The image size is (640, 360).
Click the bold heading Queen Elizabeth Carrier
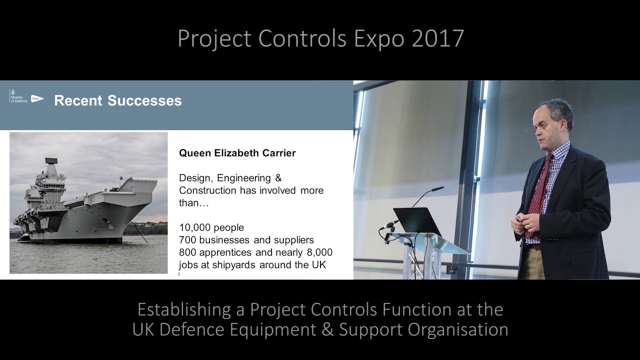click(237, 153)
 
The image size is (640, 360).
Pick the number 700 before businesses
click(187, 240)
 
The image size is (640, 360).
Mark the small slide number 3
click(178, 274)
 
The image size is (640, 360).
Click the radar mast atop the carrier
click(51, 163)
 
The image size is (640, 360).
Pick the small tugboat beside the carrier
click(23, 238)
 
